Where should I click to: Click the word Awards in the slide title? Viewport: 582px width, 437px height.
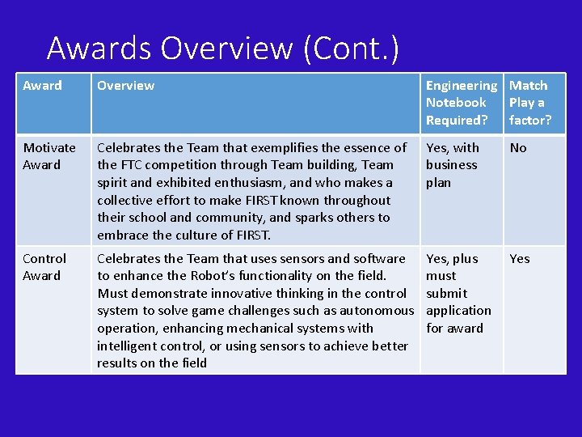click(99, 49)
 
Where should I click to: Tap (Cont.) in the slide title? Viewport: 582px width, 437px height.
click(351, 49)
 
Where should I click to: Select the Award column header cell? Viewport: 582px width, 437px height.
click(42, 86)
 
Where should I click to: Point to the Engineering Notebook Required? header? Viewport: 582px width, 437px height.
click(461, 103)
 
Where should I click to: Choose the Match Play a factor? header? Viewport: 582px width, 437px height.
click(529, 103)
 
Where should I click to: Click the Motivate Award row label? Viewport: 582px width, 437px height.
click(49, 156)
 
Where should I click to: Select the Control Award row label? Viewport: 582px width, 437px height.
click(44, 267)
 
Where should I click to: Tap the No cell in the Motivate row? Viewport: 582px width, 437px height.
click(518, 148)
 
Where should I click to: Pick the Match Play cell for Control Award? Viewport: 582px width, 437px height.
click(520, 259)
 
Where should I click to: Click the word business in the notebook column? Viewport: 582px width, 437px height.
click(452, 165)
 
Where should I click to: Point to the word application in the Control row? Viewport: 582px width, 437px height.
click(458, 311)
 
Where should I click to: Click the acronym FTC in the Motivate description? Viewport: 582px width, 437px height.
click(133, 165)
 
